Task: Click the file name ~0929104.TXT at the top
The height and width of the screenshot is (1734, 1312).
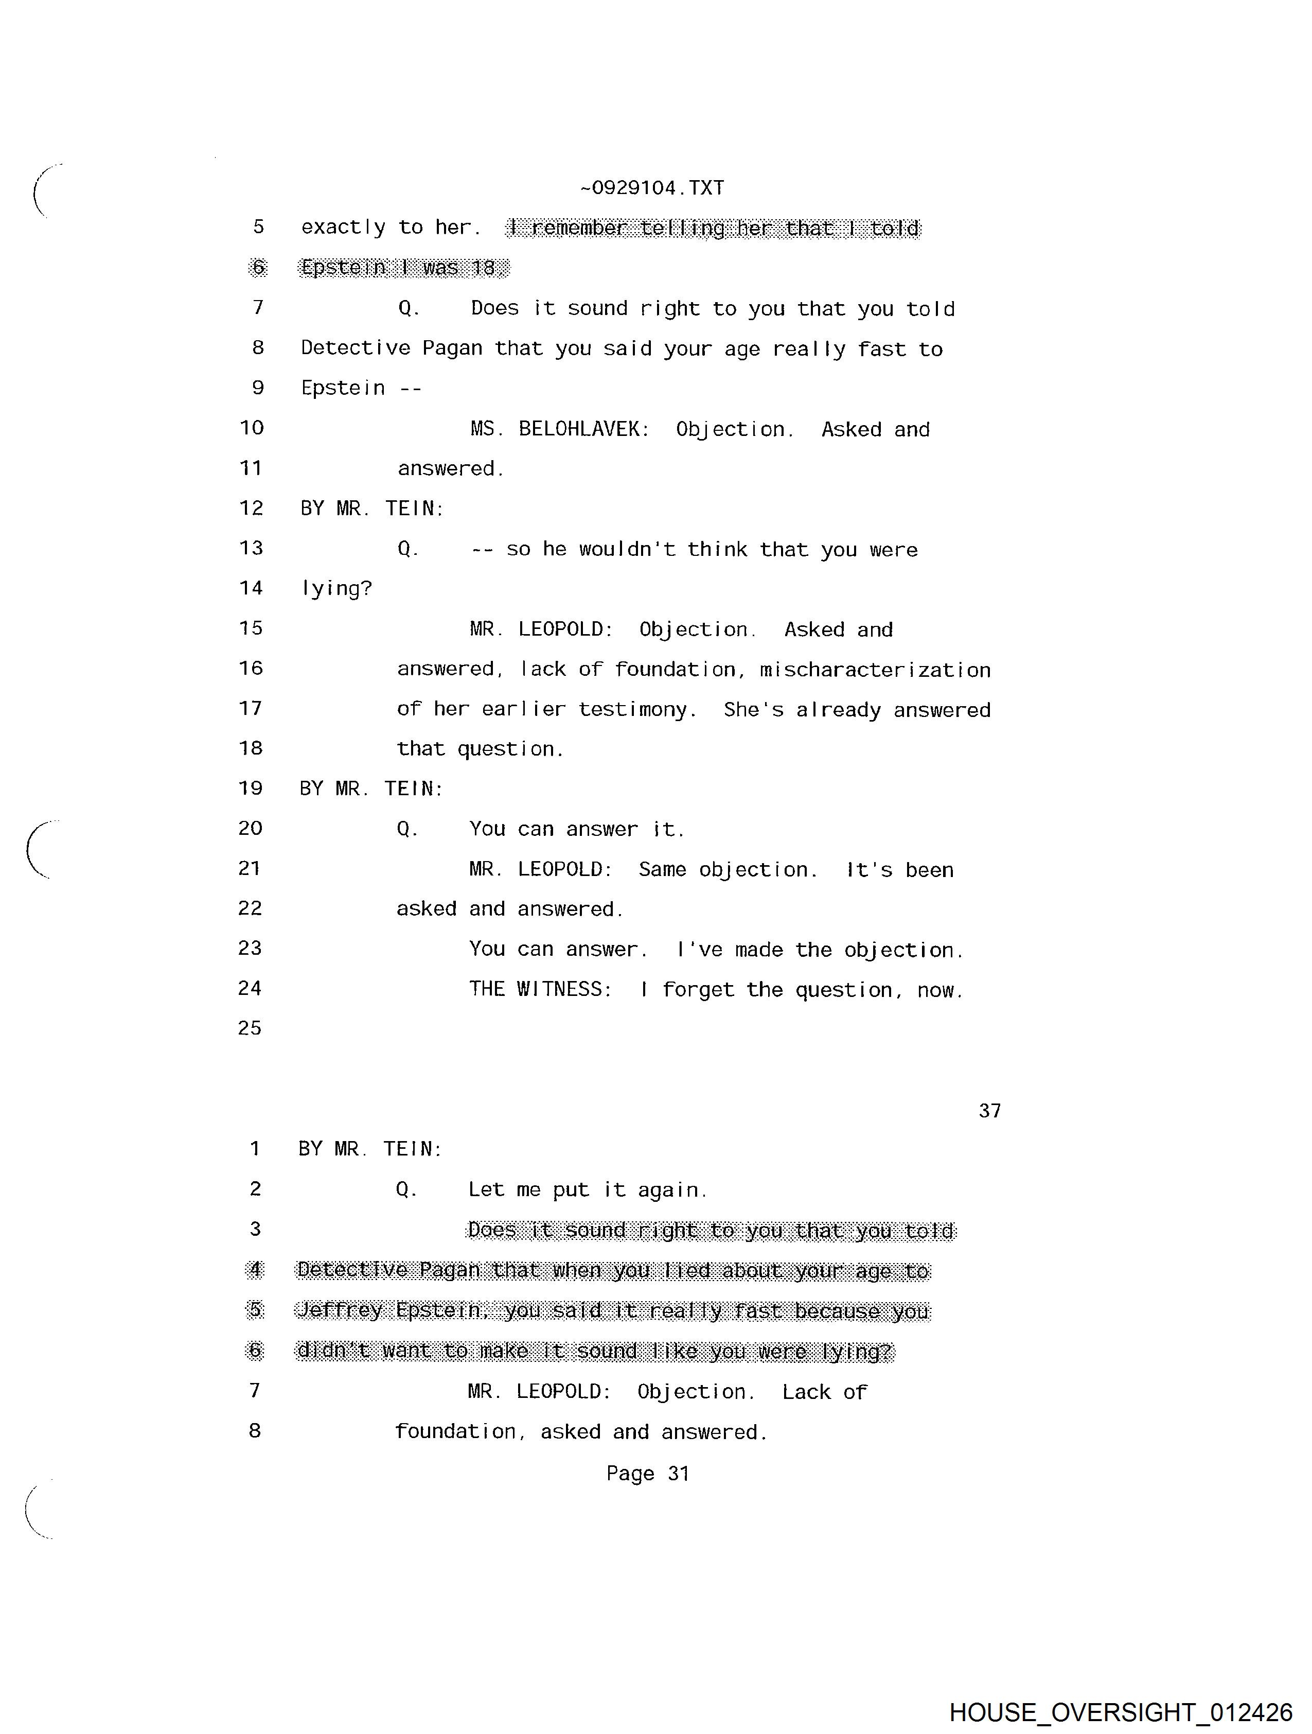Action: [x=651, y=188]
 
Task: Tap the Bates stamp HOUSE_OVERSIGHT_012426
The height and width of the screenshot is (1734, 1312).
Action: [x=1120, y=1711]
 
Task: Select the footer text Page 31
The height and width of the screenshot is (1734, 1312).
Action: [x=647, y=1474]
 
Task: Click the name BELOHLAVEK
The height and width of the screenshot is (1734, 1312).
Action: [x=583, y=430]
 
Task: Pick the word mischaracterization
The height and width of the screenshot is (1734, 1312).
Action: [x=875, y=670]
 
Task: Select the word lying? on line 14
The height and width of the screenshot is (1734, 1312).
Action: [x=336, y=589]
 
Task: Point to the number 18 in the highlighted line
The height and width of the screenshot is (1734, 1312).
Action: [x=484, y=268]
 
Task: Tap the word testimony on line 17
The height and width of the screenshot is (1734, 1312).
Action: [x=636, y=710]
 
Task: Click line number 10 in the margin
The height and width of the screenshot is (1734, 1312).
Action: [x=252, y=428]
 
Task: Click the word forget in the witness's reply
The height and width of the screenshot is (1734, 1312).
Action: [x=698, y=990]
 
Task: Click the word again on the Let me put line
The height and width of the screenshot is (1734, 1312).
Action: [x=671, y=1190]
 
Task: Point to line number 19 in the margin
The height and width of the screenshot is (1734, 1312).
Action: [x=250, y=789]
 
